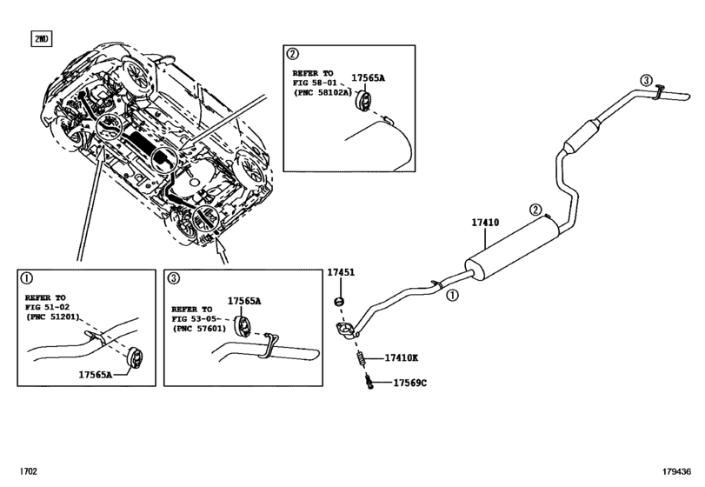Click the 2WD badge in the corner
pyautogui.click(x=41, y=39)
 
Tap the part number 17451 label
pyautogui.click(x=340, y=273)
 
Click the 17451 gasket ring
pyautogui.click(x=340, y=302)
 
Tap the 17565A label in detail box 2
pyautogui.click(x=367, y=78)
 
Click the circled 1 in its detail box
pyautogui.click(x=26, y=279)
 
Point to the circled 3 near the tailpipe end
pyautogui.click(x=645, y=80)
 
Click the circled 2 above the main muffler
pyautogui.click(x=535, y=210)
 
